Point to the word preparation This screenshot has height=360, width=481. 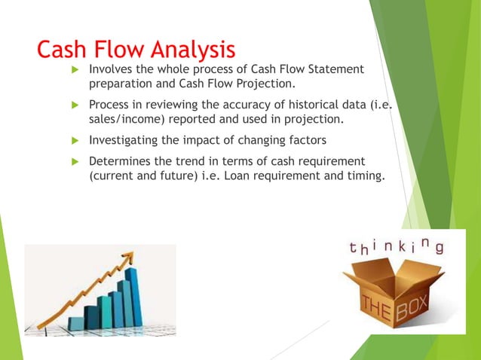121,84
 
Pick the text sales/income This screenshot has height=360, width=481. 126,119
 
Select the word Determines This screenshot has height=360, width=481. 120,161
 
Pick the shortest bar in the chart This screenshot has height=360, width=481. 76,323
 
